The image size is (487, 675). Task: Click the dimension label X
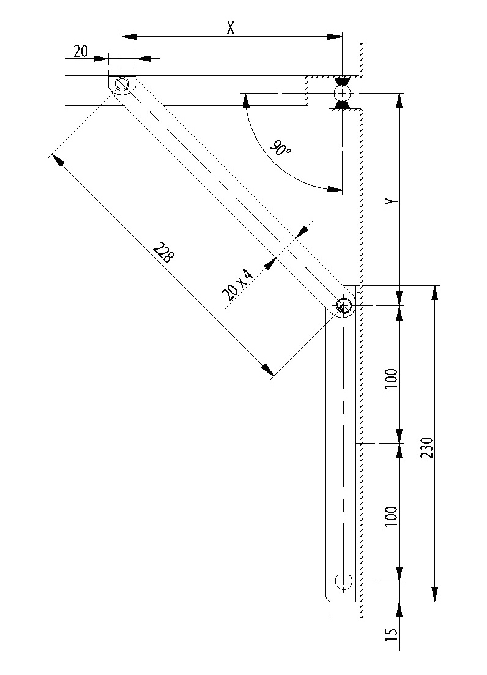[231, 28]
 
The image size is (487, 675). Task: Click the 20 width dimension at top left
[81, 51]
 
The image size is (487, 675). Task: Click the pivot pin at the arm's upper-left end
[123, 84]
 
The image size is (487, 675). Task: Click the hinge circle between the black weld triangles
[341, 93]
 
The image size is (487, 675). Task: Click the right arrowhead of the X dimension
[335, 37]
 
